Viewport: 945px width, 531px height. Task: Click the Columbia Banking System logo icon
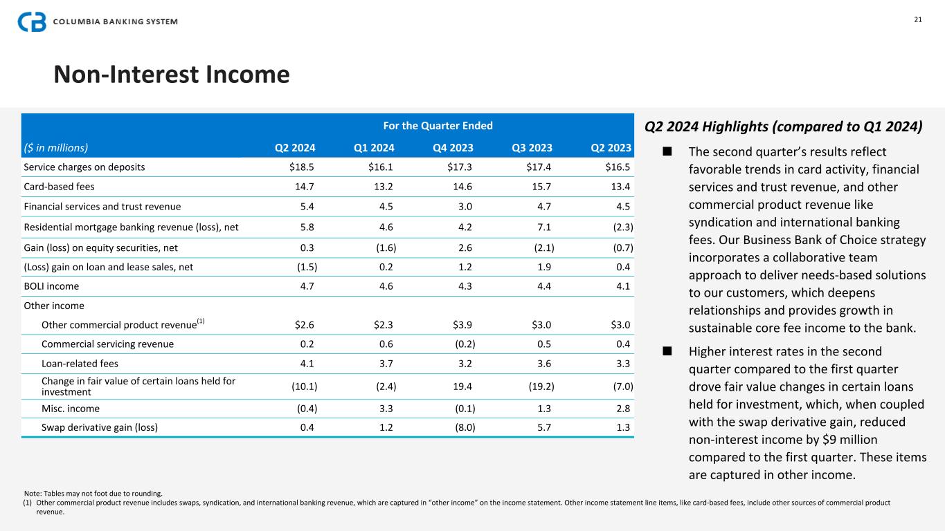point(32,21)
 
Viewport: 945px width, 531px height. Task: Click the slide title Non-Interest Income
point(171,74)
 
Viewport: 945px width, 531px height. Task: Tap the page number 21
point(918,19)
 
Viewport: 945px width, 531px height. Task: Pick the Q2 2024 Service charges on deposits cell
point(303,167)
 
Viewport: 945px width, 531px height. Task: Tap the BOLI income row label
point(51,286)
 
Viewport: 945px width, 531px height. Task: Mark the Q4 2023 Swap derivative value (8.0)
point(463,427)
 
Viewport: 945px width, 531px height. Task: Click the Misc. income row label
point(70,407)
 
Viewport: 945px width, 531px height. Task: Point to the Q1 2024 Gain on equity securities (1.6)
point(384,247)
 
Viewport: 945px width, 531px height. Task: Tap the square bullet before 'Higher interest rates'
point(667,351)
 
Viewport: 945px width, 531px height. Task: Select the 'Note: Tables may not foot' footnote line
point(93,494)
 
